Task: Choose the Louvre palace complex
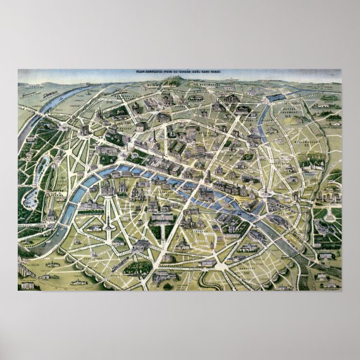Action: [x=168, y=168]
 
